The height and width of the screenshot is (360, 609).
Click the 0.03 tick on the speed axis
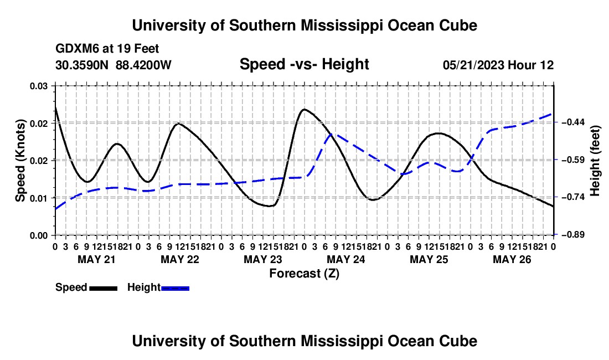38,86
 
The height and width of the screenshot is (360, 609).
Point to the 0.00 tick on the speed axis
38,235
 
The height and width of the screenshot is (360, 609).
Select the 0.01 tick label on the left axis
38,198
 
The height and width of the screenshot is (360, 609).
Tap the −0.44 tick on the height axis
573,122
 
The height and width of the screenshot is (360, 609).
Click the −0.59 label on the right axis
573,160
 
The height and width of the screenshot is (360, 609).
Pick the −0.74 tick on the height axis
573,197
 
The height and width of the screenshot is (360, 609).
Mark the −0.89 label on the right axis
573,235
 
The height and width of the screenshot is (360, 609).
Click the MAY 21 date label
97,259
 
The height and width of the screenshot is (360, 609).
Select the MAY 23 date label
263,259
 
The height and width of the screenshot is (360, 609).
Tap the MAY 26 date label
512,259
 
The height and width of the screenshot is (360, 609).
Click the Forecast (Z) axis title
304,274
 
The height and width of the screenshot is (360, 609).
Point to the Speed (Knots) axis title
20,161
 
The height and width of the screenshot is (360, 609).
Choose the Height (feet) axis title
595,161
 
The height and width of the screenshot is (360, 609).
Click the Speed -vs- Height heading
304,64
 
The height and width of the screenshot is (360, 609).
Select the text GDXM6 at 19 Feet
107,49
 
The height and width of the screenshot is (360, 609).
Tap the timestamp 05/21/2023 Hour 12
498,65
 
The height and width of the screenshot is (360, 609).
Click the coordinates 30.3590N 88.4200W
113,65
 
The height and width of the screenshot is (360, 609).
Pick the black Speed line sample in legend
104,289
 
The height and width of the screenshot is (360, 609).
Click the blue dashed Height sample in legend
175,289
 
